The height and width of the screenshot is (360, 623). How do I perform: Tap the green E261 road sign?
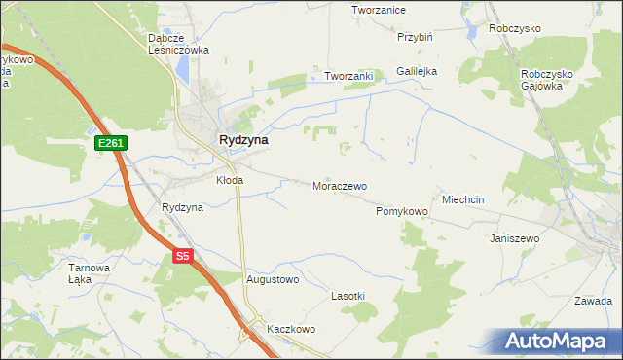tap(110, 143)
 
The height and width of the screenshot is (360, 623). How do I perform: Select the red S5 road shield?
tap(183, 257)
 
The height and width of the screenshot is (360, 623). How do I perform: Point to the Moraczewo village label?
tap(339, 185)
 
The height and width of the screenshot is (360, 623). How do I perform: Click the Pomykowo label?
tap(402, 210)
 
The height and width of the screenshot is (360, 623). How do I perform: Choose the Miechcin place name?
tap(462, 199)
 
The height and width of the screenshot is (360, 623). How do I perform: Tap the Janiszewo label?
tap(515, 237)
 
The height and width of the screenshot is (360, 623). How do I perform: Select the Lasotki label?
tap(348, 295)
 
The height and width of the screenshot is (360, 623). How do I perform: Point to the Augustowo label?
tap(273, 279)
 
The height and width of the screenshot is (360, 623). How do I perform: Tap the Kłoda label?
tap(229, 180)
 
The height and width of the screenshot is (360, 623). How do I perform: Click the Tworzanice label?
tap(379, 9)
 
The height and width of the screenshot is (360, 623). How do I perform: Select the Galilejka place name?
tap(417, 71)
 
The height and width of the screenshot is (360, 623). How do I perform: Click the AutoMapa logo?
tap(557, 342)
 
